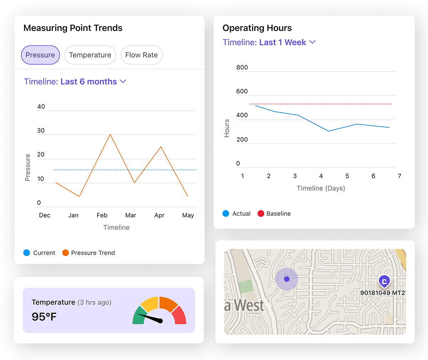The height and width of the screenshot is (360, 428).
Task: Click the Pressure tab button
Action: (x=40, y=55)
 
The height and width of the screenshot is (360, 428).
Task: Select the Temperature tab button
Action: (x=90, y=55)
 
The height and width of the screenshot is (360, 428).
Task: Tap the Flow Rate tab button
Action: (x=141, y=55)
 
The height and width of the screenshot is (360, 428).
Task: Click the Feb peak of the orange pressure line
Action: (x=110, y=134)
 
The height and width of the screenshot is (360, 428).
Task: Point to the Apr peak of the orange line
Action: (x=161, y=147)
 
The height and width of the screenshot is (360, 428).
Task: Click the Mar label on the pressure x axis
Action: (x=131, y=215)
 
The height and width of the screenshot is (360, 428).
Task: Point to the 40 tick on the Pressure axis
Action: (x=41, y=107)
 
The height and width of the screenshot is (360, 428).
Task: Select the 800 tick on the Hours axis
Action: (x=242, y=67)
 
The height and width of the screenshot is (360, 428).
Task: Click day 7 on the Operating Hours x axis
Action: (x=400, y=176)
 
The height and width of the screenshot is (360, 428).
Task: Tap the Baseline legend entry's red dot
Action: (x=261, y=214)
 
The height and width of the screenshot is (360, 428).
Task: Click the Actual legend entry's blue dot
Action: (x=226, y=214)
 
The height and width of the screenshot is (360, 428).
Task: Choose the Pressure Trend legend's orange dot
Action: (x=66, y=253)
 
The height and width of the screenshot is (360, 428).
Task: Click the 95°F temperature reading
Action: (x=44, y=317)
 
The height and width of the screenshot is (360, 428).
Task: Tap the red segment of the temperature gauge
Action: (x=180, y=315)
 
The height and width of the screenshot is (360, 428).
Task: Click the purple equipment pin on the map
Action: (x=384, y=281)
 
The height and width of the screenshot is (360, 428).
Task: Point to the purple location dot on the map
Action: (x=287, y=279)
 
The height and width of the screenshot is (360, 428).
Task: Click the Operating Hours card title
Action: (x=257, y=28)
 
